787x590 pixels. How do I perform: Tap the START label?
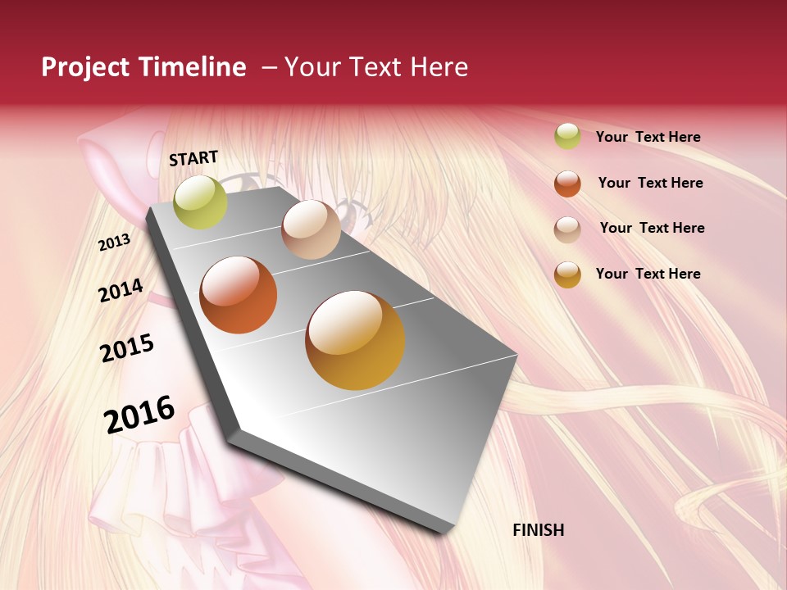pos(193,157)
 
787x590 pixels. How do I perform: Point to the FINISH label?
pos(539,530)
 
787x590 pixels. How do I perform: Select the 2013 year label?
pos(115,243)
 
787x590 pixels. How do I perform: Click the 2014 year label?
pos(121,290)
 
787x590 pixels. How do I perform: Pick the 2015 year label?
pos(127,348)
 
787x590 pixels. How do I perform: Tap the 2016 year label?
pos(139,414)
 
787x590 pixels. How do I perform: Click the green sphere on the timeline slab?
pos(200,202)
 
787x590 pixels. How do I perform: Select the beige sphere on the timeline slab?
pos(311,229)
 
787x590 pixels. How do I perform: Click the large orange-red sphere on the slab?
pos(239,295)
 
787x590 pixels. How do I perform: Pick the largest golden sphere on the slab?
pos(355,340)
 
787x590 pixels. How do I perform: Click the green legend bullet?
pos(567,136)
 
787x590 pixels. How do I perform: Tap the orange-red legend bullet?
pos(567,184)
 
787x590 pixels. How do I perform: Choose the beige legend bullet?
pos(567,229)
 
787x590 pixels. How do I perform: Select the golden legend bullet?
pos(567,275)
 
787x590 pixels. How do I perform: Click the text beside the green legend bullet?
pos(648,137)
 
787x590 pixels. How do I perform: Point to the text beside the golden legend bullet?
pos(648,274)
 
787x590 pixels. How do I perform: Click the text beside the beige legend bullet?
pos(652,228)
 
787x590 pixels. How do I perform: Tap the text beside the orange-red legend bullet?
pos(650,183)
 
